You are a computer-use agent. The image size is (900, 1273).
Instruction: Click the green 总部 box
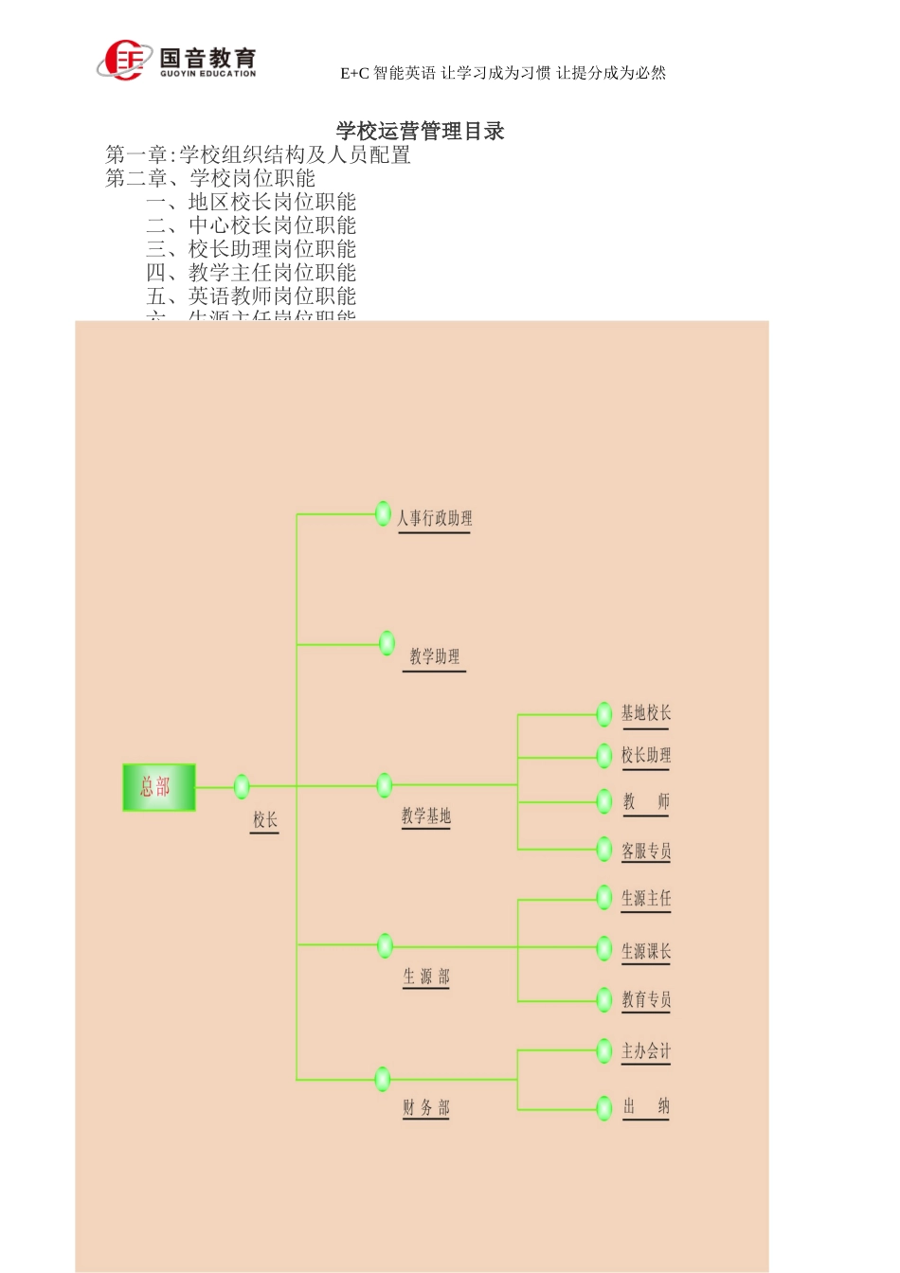point(159,787)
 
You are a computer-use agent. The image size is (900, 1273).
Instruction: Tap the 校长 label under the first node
point(264,819)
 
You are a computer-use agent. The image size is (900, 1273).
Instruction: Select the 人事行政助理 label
point(434,518)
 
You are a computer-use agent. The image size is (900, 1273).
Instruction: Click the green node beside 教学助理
point(387,643)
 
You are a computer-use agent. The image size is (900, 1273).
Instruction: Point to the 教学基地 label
point(425,816)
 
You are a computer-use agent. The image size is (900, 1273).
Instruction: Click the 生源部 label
point(426,977)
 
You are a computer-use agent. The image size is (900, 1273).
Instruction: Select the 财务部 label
point(426,1107)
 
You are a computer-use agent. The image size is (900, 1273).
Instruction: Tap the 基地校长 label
point(645,713)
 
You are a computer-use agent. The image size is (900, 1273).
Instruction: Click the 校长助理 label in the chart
point(645,755)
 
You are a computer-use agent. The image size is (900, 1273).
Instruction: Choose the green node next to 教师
point(604,801)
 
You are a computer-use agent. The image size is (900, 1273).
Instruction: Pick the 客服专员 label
point(645,851)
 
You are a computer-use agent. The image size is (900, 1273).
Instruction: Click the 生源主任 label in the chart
point(645,898)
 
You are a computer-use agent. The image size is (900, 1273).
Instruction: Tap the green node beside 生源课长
point(604,948)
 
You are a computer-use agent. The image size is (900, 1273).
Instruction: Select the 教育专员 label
point(645,999)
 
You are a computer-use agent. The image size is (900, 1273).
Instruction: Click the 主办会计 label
point(645,1051)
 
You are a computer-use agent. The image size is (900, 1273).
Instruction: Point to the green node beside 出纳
point(604,1107)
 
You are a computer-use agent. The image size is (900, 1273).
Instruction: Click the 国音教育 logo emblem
point(124,61)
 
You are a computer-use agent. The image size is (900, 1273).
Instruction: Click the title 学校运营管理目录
point(420,131)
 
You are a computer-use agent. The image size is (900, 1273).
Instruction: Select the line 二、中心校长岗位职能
point(251,225)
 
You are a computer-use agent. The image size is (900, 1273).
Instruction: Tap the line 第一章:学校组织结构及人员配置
point(258,154)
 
